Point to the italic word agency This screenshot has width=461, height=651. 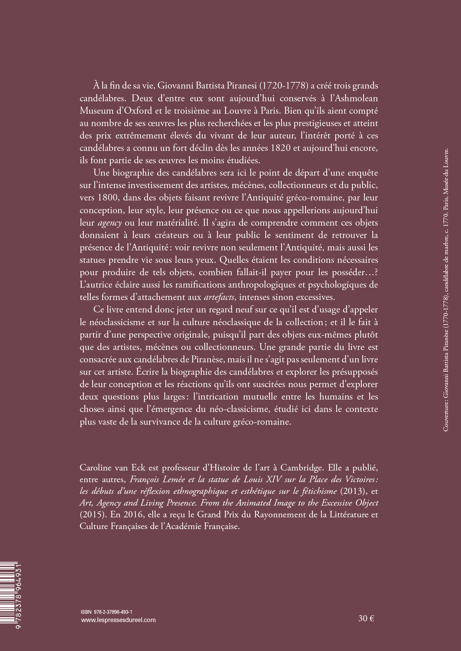click(x=110, y=223)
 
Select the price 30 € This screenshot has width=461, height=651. click(x=366, y=618)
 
